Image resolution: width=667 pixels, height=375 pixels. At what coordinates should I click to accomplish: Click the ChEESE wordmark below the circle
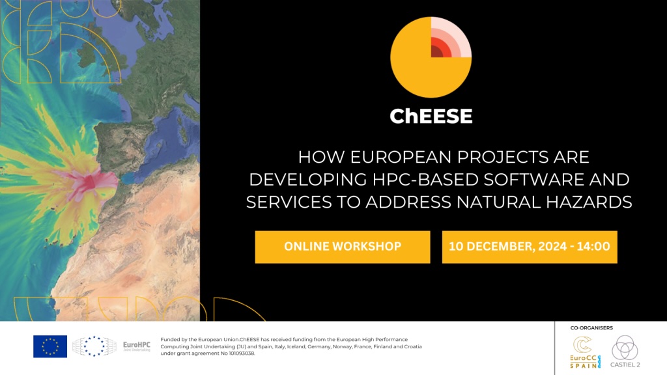(431, 116)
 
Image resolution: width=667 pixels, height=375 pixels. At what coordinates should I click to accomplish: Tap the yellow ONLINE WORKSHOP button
(343, 247)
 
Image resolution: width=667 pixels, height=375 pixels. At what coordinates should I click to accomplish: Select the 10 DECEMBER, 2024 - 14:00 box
(530, 247)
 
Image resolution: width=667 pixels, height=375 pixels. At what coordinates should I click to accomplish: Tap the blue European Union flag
(50, 346)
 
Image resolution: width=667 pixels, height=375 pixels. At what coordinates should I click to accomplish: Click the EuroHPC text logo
(137, 346)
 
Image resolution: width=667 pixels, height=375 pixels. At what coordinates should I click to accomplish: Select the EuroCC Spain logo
(586, 352)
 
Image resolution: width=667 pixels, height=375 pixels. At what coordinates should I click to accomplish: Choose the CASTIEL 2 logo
(625, 352)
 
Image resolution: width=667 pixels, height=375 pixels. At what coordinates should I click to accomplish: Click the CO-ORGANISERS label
(591, 328)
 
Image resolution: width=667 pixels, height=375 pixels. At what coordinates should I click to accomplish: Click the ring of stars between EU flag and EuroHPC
(94, 346)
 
